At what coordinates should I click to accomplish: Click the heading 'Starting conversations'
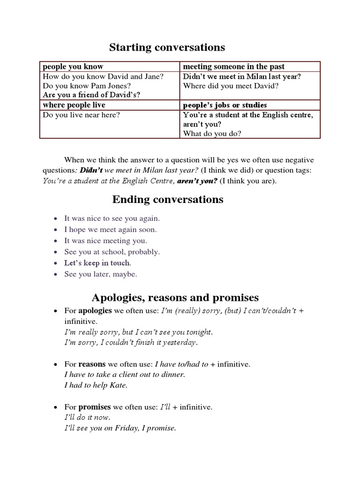point(167,47)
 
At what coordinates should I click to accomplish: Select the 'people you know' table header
point(73,67)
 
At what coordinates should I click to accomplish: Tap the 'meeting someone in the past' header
point(233,67)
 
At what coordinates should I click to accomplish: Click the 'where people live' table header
point(74,105)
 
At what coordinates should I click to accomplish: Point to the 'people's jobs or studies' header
point(225,105)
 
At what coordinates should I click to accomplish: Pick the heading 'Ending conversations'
point(168,200)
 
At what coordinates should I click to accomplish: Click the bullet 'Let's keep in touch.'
point(98,263)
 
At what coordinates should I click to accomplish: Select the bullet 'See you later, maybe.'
point(101,274)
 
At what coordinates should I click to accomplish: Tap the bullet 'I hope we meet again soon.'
point(111,229)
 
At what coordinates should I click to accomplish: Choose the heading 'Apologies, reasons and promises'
point(175,297)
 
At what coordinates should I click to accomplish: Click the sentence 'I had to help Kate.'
point(96,385)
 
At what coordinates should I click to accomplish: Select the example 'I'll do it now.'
point(87,417)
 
